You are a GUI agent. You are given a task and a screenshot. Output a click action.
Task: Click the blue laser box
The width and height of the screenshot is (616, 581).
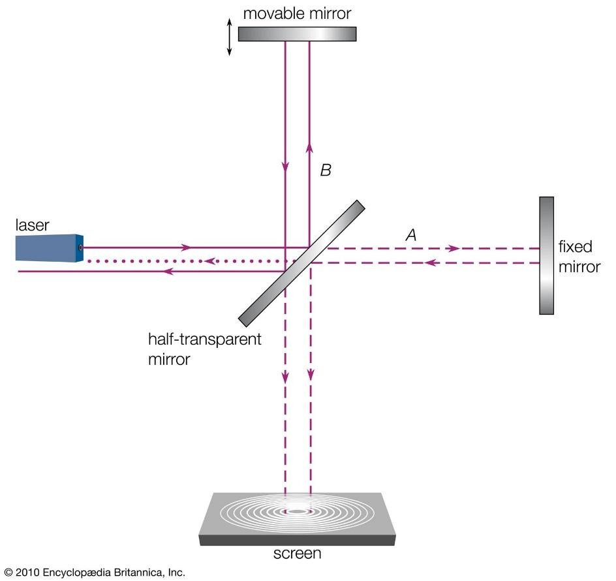(x=50, y=248)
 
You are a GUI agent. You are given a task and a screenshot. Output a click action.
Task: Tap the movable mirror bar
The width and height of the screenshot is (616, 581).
(x=297, y=34)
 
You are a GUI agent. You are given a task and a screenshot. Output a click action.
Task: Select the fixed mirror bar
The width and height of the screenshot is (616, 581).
(x=546, y=255)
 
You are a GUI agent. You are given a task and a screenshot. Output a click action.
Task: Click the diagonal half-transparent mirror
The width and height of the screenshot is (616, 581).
(x=301, y=263)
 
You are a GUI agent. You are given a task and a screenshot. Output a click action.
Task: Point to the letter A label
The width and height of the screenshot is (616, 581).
(x=411, y=235)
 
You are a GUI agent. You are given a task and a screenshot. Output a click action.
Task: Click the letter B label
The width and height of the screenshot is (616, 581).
(x=326, y=170)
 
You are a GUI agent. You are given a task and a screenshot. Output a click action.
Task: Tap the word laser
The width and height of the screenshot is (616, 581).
(x=32, y=225)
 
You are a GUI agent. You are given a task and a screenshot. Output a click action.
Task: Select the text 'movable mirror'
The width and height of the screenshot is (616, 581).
(x=297, y=13)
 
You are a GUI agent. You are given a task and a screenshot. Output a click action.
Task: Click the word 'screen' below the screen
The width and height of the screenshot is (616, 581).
(x=298, y=554)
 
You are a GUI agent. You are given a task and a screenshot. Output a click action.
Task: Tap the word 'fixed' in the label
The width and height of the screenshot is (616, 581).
(x=575, y=247)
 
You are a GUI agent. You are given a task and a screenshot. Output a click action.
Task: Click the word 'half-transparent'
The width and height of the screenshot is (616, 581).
(x=205, y=339)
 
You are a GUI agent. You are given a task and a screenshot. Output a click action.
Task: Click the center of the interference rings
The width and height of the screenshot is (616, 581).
(x=298, y=511)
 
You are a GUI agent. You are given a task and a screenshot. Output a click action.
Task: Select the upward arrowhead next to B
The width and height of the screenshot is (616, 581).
(x=309, y=147)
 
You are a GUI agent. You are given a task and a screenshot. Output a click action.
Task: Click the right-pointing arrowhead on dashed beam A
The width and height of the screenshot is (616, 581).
(x=455, y=249)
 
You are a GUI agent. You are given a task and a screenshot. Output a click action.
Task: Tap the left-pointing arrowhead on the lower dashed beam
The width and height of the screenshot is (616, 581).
(x=431, y=262)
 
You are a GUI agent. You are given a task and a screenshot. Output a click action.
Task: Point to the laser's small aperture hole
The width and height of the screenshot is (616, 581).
(x=80, y=247)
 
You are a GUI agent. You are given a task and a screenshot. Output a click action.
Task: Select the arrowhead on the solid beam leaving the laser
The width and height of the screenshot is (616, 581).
(x=186, y=247)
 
